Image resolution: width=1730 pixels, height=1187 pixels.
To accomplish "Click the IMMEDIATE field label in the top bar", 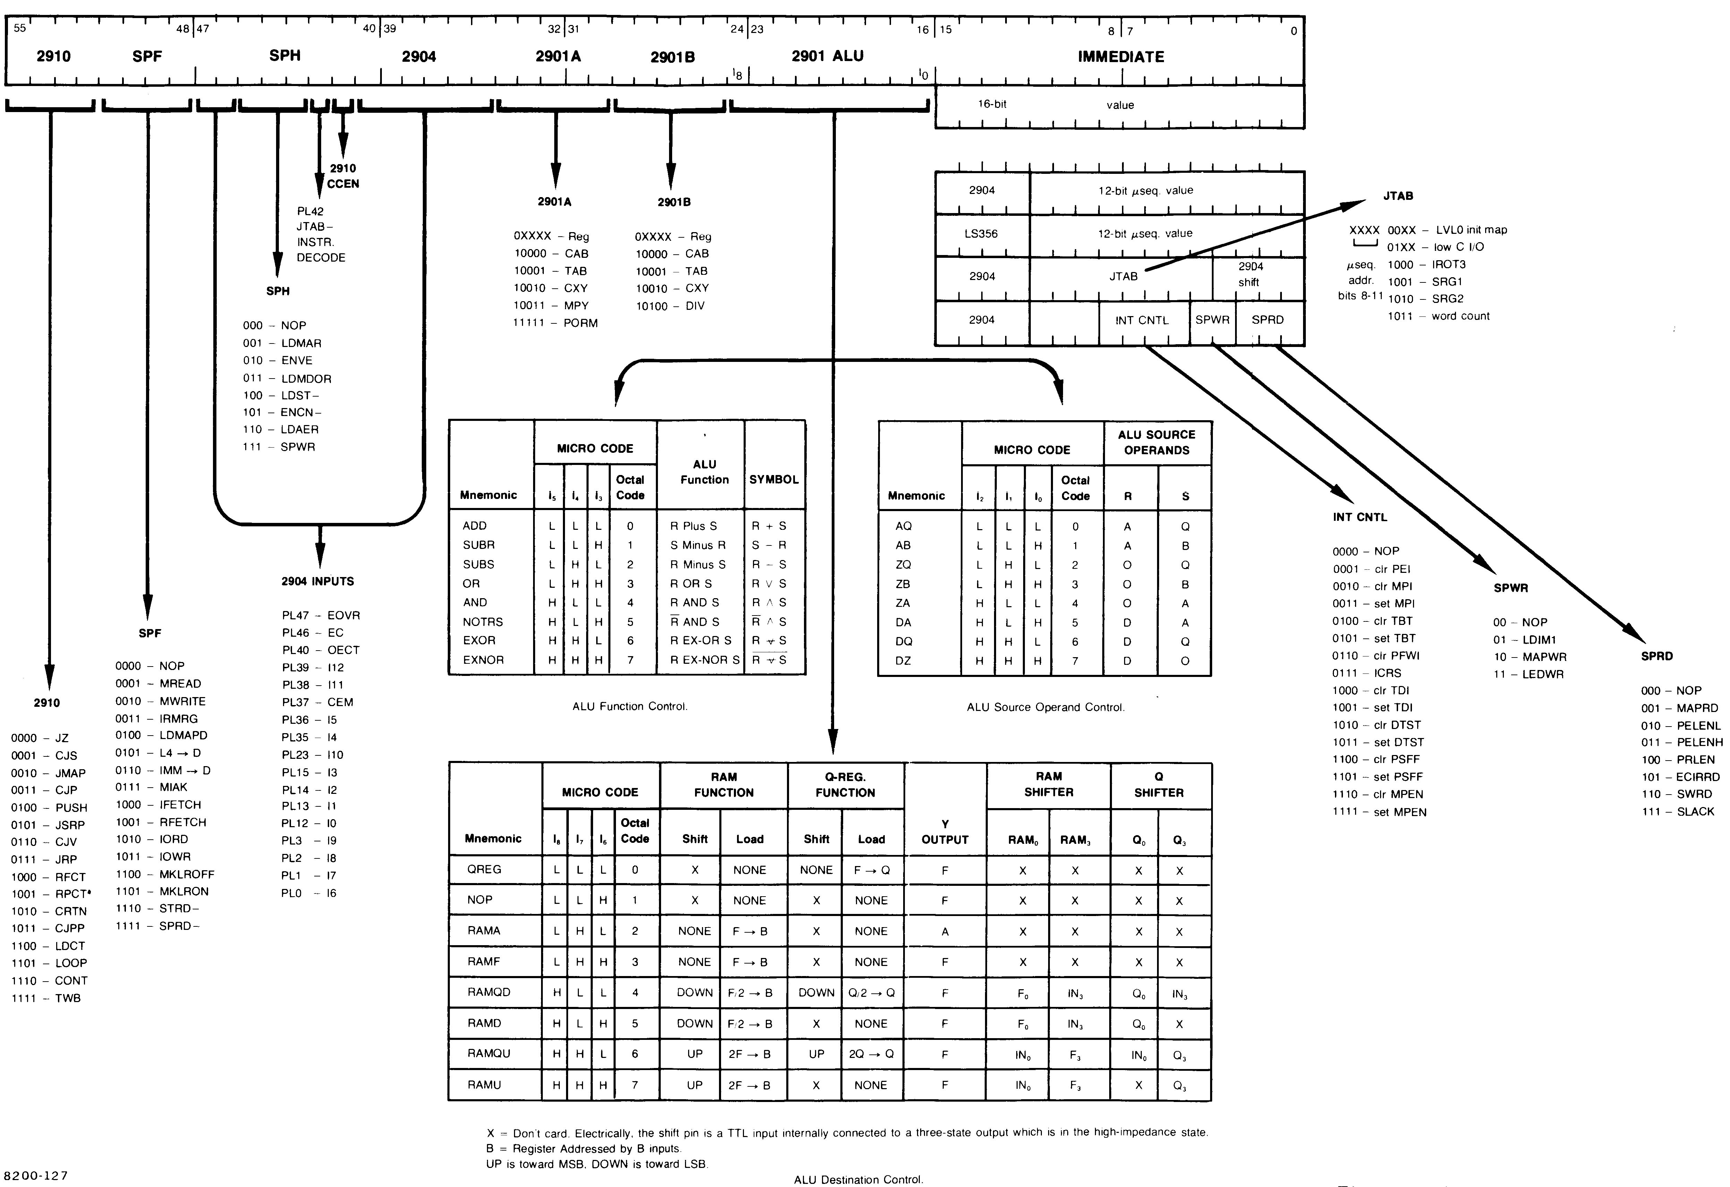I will coord(1120,57).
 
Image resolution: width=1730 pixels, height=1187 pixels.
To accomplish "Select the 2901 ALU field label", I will coord(827,56).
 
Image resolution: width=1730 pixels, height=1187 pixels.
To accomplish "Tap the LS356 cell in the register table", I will coord(981,234).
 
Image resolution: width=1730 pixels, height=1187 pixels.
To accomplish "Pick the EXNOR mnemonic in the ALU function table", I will coord(483,660).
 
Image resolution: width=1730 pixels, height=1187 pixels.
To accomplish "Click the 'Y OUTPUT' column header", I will coord(945,832).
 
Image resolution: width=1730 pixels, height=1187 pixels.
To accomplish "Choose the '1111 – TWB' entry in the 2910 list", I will coord(46,998).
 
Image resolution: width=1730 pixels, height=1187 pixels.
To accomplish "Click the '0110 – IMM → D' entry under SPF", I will coord(162,770).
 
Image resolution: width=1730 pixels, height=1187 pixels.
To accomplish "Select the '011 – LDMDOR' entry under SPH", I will coord(286,378).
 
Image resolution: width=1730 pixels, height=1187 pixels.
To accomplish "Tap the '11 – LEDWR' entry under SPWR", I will coord(1527,674).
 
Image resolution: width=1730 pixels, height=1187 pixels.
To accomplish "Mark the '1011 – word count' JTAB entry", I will coord(1438,316).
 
